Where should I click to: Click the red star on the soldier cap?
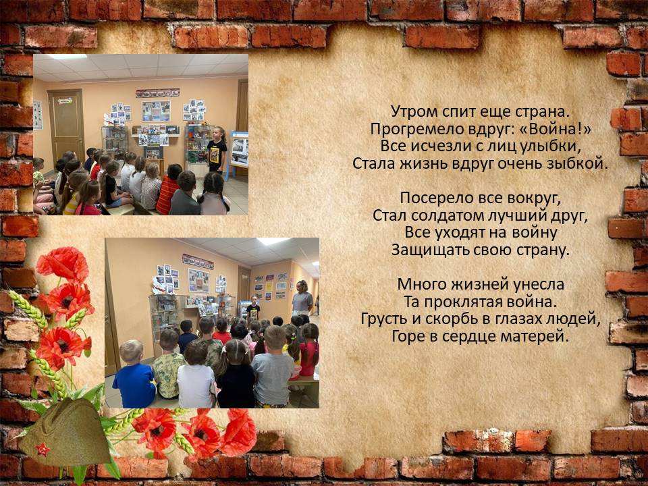point(43,450)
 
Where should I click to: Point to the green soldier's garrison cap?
point(66,434)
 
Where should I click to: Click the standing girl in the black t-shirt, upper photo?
point(217,150)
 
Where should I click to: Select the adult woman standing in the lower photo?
point(302,298)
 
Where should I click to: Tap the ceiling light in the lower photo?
point(273,241)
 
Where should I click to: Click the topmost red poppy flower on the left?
point(62,265)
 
